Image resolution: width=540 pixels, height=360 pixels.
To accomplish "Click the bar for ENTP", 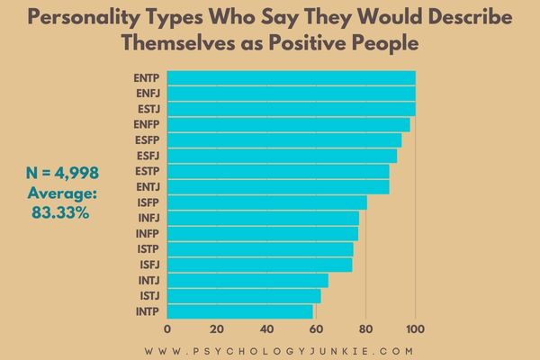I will (x=292, y=78).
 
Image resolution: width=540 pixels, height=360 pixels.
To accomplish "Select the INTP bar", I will (x=240, y=311).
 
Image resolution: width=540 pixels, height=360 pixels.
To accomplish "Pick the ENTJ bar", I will (x=278, y=187).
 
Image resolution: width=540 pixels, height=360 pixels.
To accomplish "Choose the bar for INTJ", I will (x=247, y=281).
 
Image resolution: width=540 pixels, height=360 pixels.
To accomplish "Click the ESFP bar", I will (x=284, y=140).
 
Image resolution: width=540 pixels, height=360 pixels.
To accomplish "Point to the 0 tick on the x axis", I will (x=167, y=329).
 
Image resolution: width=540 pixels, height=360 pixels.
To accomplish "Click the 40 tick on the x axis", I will (x=266, y=329).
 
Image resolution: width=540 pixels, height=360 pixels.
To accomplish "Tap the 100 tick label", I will (x=415, y=329).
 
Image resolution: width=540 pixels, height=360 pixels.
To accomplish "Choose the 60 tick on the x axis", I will (x=316, y=329).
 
